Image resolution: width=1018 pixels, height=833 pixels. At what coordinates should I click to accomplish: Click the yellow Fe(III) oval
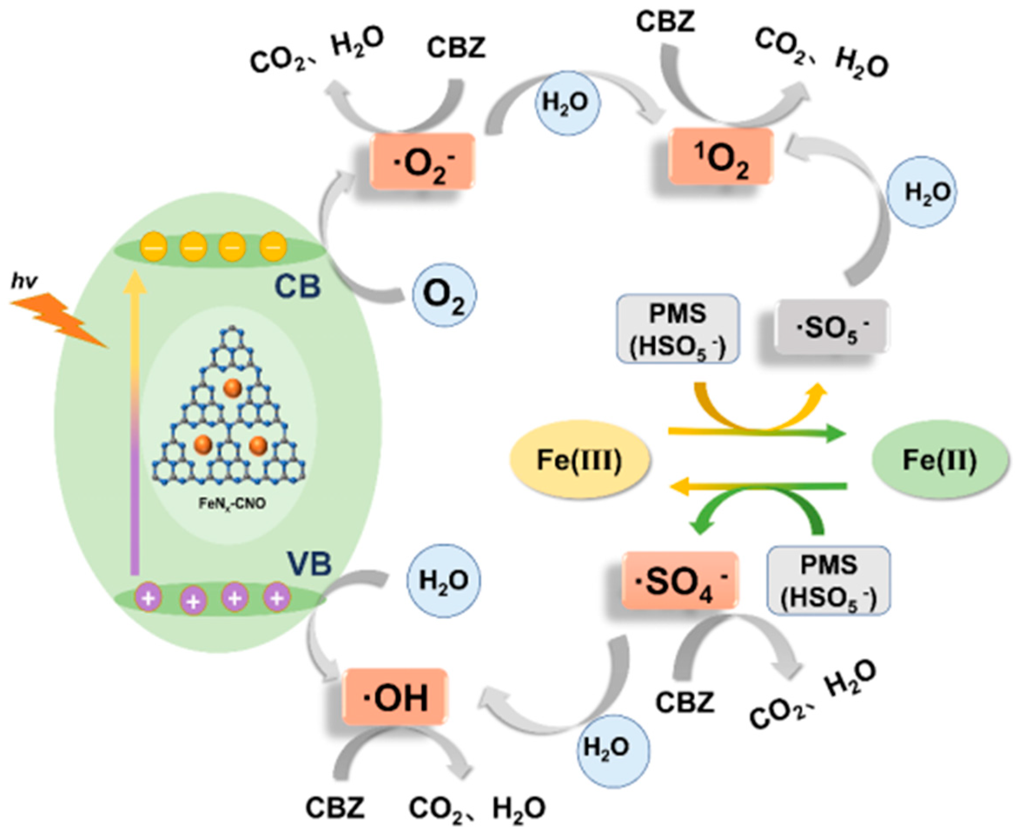[x=579, y=460]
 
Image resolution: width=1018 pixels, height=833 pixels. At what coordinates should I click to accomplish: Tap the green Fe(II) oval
[x=939, y=460]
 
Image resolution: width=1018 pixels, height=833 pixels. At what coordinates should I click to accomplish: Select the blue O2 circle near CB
[x=444, y=295]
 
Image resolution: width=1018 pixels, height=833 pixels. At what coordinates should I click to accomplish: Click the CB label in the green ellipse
[x=297, y=286]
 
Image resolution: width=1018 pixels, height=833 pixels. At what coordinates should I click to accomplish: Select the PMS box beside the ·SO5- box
[x=678, y=329]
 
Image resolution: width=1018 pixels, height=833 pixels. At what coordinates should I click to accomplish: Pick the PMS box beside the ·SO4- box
[x=829, y=581]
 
